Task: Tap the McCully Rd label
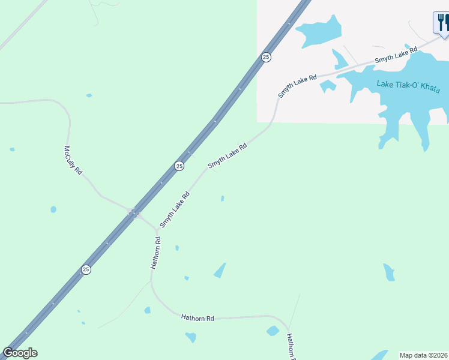[73, 160]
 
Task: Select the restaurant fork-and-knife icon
[441, 23]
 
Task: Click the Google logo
[20, 353]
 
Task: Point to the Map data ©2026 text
[423, 355]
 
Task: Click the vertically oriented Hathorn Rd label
[156, 253]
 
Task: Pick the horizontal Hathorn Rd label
[197, 317]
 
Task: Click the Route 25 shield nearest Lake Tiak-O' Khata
[266, 57]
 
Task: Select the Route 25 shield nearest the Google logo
[86, 270]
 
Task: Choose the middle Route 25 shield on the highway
[179, 166]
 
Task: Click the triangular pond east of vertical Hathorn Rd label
[220, 271]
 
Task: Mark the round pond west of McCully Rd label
[53, 209]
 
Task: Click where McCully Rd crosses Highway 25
[134, 212]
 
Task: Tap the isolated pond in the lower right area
[389, 272]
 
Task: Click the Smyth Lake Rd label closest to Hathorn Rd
[175, 209]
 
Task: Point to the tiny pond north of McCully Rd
[89, 95]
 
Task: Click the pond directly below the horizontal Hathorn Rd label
[190, 337]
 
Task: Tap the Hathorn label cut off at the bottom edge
[291, 347]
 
